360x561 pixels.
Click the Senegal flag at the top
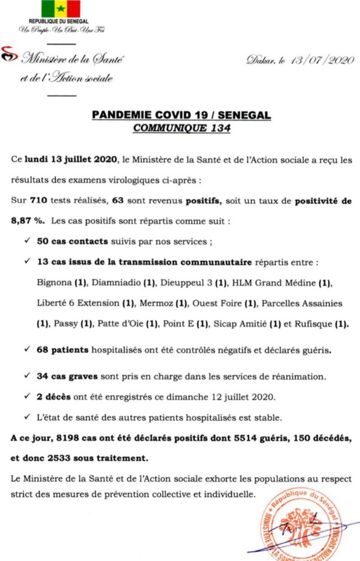pyautogui.click(x=61, y=9)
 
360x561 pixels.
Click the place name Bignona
pyautogui.click(x=55, y=283)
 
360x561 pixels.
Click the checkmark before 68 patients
pyautogui.click(x=27, y=349)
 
